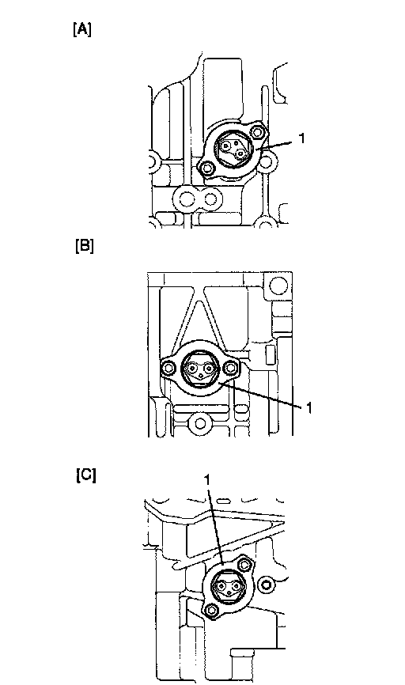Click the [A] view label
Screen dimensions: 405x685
[82, 30]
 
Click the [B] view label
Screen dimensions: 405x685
[85, 245]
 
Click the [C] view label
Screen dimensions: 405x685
[85, 475]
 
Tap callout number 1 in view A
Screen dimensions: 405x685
[301, 138]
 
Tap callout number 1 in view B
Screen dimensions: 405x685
[308, 408]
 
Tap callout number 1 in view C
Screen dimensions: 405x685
[207, 479]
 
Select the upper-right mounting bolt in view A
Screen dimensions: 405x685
[257, 132]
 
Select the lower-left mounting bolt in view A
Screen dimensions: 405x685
[207, 168]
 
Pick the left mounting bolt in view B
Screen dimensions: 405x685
[169, 369]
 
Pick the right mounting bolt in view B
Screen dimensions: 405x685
[230, 369]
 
